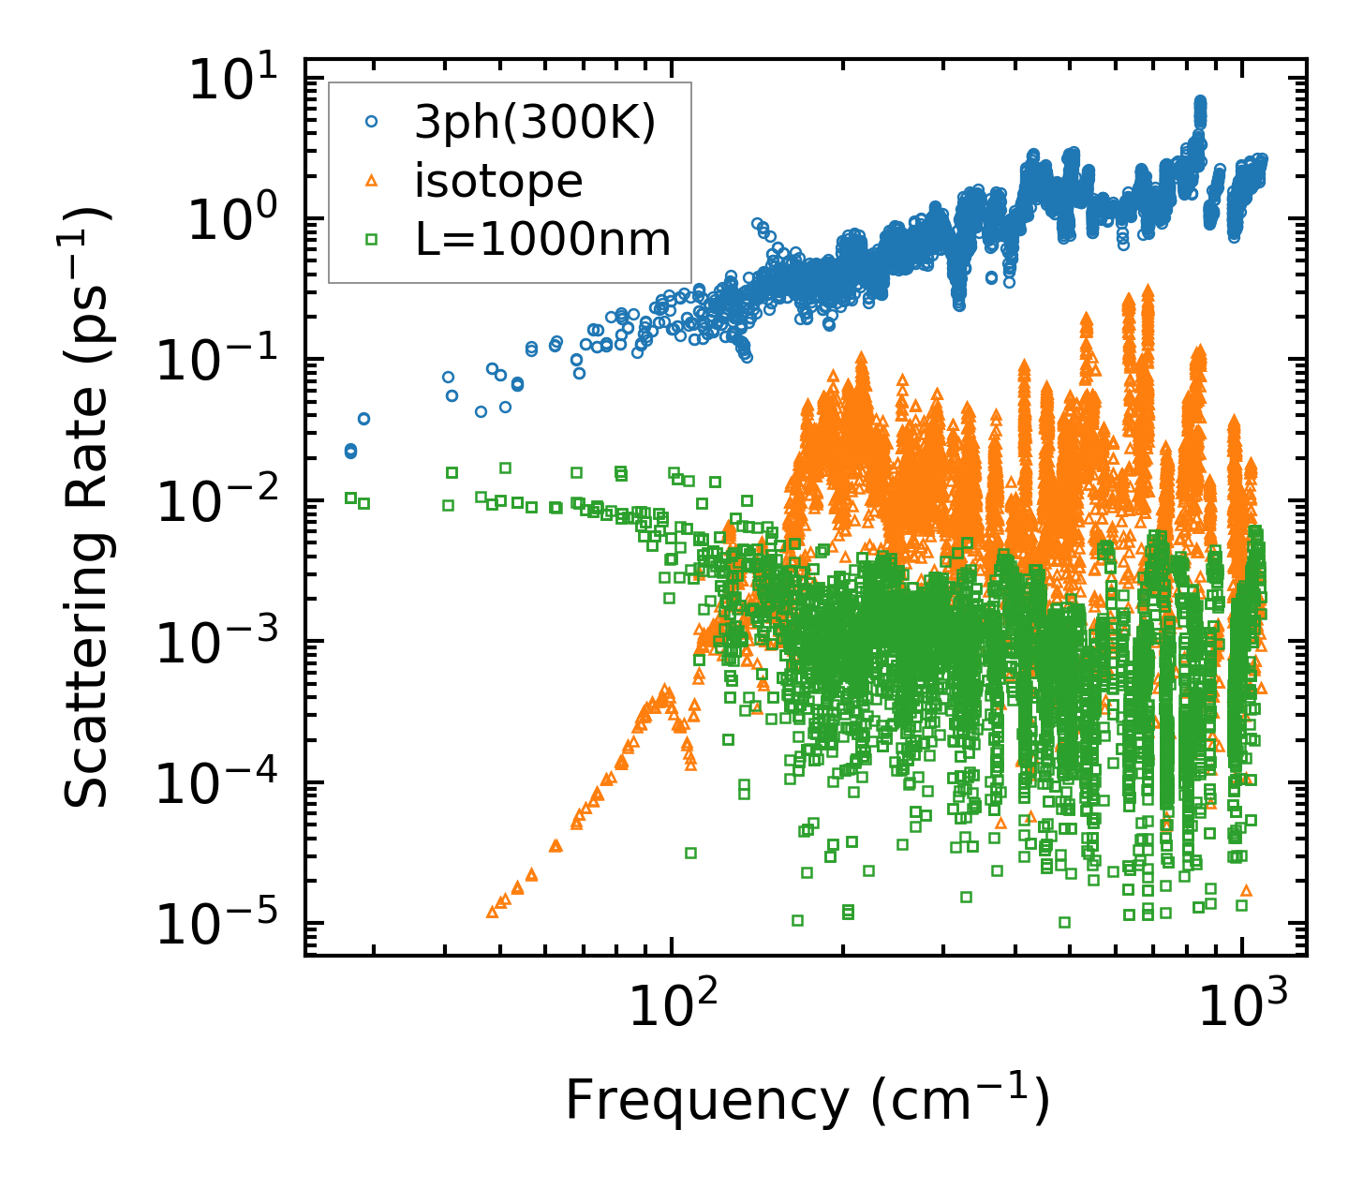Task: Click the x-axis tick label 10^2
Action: click(670, 1007)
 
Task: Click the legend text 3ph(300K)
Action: click(535, 124)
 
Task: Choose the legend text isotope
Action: click(498, 181)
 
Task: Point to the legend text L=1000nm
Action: click(543, 240)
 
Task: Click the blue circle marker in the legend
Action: click(372, 122)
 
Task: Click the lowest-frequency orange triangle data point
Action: click(492, 911)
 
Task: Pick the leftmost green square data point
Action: click(350, 498)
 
